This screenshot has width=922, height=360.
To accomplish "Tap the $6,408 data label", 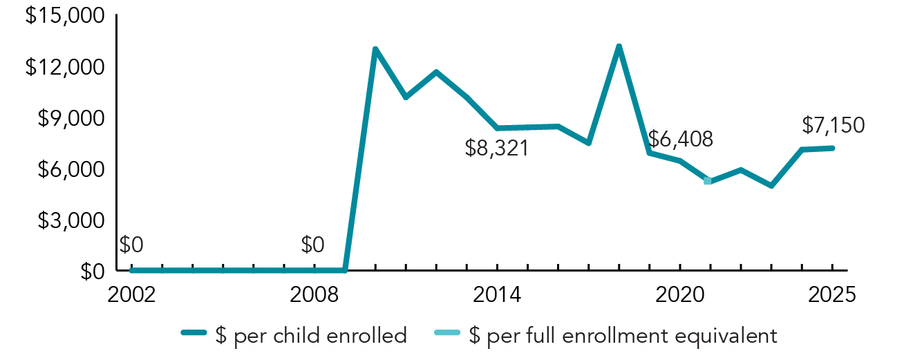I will tap(681, 138).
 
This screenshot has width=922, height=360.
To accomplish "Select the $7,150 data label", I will tap(833, 125).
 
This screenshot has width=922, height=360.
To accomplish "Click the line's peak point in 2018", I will tap(619, 47).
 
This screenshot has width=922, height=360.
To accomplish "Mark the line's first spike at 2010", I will tap(375, 49).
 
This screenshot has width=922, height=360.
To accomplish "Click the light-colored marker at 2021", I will tap(708, 181).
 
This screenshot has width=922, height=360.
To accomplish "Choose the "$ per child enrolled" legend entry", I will tap(294, 336).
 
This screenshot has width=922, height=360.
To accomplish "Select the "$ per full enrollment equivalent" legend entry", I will tap(605, 336).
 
